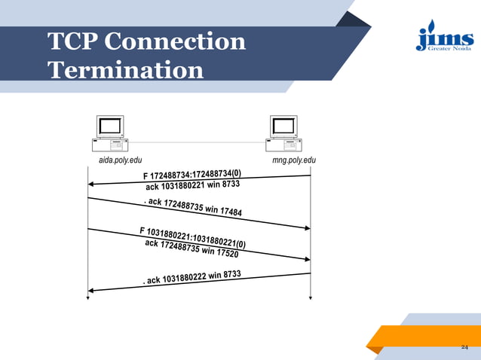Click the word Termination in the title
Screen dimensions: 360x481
[125, 70]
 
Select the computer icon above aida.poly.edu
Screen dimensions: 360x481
[110, 133]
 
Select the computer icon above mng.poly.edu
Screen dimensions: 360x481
[283, 133]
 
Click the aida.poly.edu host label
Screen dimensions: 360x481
[120, 160]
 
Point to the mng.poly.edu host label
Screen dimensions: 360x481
[294, 160]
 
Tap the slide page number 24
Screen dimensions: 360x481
[464, 346]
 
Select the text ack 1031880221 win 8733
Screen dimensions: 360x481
[192, 186]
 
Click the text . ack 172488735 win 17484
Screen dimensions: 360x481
[192, 207]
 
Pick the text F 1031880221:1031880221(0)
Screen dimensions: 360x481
[192, 236]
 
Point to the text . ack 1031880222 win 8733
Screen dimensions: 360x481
[192, 278]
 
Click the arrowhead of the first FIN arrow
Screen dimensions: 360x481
[91, 184]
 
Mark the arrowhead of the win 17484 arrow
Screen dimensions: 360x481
[307, 227]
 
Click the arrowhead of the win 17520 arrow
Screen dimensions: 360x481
[307, 259]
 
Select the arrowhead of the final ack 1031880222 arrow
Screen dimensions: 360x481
[91, 290]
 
